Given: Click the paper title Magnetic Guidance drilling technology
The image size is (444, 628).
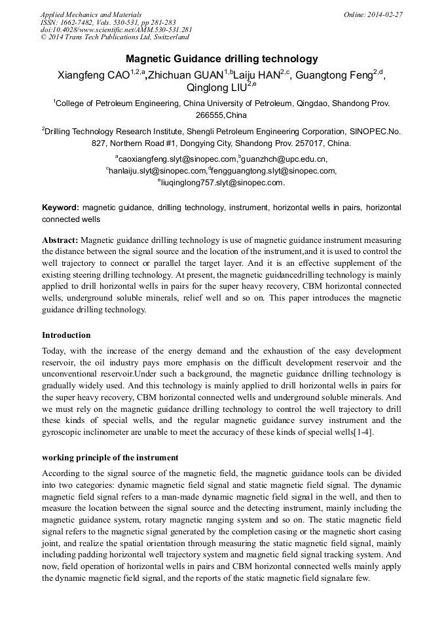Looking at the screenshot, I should pos(221,58).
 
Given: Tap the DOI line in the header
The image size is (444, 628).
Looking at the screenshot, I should pos(116,30).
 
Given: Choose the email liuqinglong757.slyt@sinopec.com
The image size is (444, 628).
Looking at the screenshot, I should pos(222,183).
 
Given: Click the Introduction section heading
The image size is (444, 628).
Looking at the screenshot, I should pos(66,335).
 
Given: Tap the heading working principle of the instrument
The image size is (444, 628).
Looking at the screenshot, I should pos(110,457).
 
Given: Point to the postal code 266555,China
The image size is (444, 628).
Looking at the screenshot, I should pos(221,115).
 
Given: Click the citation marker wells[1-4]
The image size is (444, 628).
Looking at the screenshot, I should pos(354,432).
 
